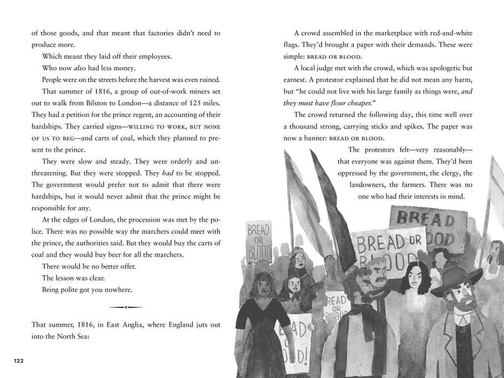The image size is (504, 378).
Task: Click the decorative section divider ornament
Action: point(126,307)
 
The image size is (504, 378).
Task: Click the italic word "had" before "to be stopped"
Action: point(167,173)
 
